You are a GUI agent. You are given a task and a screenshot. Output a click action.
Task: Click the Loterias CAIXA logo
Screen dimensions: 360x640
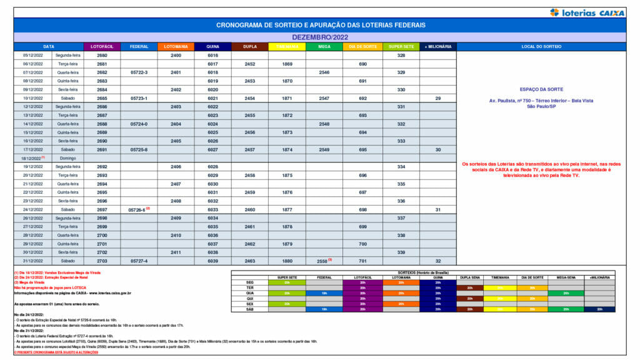[587, 12]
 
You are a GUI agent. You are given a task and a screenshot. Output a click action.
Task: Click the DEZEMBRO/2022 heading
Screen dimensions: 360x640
[319, 37]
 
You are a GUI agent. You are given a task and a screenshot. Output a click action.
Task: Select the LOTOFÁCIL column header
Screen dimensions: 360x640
[102, 47]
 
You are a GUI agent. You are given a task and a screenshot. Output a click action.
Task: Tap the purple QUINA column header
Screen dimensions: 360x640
[212, 47]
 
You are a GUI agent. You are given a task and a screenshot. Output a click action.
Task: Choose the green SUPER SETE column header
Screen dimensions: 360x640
[401, 47]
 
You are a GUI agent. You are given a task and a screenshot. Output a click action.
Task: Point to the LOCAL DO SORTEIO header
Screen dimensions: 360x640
[541, 47]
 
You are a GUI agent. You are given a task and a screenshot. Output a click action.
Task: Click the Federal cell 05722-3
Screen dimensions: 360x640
[139, 72]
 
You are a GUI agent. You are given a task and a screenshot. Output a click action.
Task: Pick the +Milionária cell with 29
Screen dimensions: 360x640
[438, 98]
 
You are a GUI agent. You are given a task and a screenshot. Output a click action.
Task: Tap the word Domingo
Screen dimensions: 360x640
[67, 158]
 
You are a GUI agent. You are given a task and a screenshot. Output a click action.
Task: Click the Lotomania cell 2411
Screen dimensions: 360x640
[176, 252]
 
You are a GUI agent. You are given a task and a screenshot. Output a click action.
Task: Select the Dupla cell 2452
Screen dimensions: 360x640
[250, 64]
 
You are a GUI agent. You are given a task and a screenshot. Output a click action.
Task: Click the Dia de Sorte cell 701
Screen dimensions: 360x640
[362, 260]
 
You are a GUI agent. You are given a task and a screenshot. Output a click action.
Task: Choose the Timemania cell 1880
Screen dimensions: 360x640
[287, 260]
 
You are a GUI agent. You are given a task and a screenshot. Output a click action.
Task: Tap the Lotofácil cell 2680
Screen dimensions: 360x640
[102, 56]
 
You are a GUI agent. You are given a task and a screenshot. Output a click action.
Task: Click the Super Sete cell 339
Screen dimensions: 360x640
[401, 252]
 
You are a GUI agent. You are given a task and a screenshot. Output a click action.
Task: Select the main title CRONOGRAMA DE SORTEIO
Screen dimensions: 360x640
[320, 25]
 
